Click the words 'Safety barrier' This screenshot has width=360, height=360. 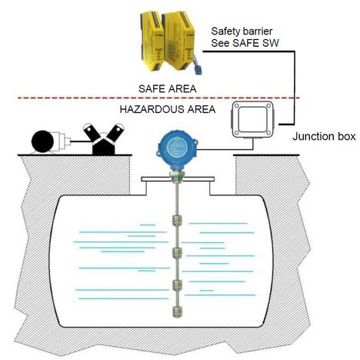click(242, 32)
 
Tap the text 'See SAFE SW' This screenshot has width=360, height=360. click(245, 43)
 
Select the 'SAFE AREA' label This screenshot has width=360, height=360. click(168, 88)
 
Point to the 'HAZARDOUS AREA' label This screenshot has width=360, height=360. click(168, 109)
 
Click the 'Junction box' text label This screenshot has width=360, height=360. click(324, 136)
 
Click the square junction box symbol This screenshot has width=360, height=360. click(253, 119)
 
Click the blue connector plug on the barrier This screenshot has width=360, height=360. click(198, 70)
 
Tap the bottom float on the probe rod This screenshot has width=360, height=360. click(177, 312)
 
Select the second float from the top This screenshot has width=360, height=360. click(177, 252)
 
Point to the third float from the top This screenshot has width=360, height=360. click(177, 285)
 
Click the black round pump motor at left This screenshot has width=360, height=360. click(42, 142)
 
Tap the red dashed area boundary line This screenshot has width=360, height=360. click(158, 98)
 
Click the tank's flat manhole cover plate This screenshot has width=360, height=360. click(178, 179)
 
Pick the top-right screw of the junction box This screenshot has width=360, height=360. click(268, 105)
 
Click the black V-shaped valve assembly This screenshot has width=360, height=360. click(104, 140)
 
